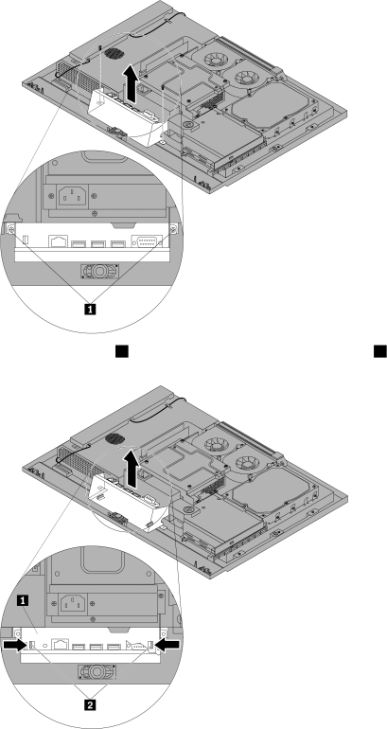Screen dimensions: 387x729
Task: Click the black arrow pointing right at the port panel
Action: tap(14, 645)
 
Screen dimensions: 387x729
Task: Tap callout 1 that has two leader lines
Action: tap(90, 308)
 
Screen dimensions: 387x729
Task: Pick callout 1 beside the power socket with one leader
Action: tap(22, 600)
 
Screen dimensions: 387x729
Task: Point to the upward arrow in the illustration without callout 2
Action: tap(132, 83)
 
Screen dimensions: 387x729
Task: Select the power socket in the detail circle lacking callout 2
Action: tap(72, 196)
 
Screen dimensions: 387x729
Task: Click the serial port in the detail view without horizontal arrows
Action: tap(147, 240)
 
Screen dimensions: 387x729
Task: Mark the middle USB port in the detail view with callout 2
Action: tap(97, 646)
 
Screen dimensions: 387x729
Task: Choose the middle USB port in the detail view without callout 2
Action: tap(97, 243)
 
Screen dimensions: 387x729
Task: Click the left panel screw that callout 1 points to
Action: tap(10, 229)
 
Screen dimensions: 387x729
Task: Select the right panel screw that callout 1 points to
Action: tap(173, 229)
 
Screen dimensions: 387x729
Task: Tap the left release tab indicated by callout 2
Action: tap(32, 646)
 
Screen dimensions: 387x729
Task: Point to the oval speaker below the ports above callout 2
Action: tap(96, 672)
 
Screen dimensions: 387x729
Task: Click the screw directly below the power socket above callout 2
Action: tap(94, 619)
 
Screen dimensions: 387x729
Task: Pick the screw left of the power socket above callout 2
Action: tap(55, 603)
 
